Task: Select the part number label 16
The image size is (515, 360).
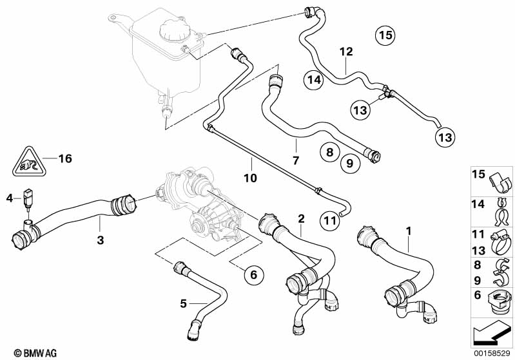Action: [x=64, y=158]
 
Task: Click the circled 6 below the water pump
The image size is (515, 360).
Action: [x=253, y=275]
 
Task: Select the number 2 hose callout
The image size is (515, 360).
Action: [x=301, y=219]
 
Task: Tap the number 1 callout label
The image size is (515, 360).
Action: [x=407, y=231]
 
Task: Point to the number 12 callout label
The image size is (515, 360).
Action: [x=347, y=51]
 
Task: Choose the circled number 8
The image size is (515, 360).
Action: [x=329, y=152]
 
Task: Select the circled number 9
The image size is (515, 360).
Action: [x=349, y=164]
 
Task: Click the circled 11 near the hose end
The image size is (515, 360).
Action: [x=329, y=221]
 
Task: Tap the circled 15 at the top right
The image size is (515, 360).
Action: [x=385, y=35]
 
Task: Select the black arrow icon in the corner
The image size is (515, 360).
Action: [x=489, y=335]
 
